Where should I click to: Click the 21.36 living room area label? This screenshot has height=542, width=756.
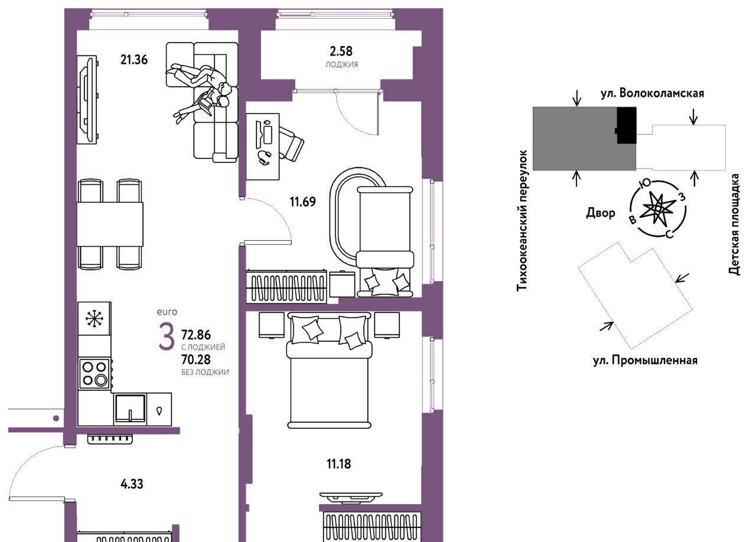[x=134, y=60]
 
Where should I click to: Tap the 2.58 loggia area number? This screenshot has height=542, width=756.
[x=341, y=51]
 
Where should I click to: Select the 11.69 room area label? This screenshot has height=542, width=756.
[x=303, y=202]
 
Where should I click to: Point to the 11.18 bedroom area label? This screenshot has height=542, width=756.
[x=338, y=464]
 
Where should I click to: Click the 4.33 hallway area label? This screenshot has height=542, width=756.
[x=132, y=484]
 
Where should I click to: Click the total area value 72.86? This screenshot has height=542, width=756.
[x=195, y=335]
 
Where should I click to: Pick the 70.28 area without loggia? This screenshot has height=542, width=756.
[x=195, y=360]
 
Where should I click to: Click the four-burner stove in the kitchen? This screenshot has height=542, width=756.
[x=94, y=374]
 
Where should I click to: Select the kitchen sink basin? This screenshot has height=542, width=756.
[x=131, y=409]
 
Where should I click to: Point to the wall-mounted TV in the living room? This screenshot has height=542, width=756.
[x=87, y=100]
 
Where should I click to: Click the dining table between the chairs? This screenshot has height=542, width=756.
[x=110, y=224]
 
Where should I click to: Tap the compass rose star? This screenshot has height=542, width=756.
[x=658, y=209]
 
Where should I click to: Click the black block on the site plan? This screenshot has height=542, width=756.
[x=627, y=125]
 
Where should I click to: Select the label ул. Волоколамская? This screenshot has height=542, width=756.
[x=653, y=93]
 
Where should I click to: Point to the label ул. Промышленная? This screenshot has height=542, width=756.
[x=646, y=360]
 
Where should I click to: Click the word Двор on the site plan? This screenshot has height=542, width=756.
[x=601, y=213]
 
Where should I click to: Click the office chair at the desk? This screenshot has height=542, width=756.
[x=291, y=143]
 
